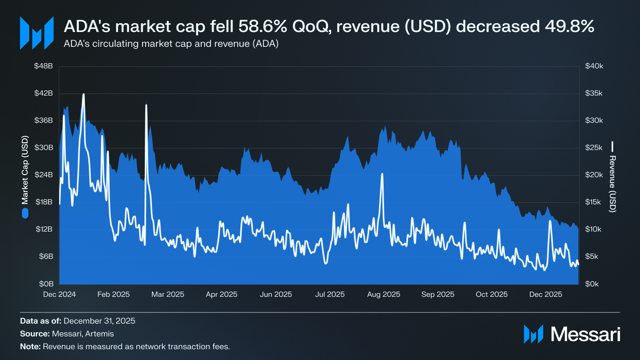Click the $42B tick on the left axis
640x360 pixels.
tap(44, 93)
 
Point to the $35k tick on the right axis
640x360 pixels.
tap(594, 93)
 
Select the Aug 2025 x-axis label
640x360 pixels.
tap(384, 294)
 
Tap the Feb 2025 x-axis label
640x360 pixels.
tap(114, 294)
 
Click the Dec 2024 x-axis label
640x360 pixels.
tap(59, 294)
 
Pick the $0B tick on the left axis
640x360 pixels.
tap(46, 284)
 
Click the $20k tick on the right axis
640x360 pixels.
tap(594, 175)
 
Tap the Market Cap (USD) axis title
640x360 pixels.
tap(25, 170)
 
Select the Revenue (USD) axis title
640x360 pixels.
tap(612, 184)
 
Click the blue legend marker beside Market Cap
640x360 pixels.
tap(25, 213)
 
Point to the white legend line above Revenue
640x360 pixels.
tap(612, 146)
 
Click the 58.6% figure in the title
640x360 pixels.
tap(262, 26)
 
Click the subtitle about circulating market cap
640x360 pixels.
tap(171, 44)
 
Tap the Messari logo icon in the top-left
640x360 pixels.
tap(37, 33)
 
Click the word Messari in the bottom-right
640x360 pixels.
tap(585, 334)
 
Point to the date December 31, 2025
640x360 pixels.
tap(99, 321)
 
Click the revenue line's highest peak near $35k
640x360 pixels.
tap(84, 94)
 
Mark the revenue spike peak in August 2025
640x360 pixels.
tap(382, 174)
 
